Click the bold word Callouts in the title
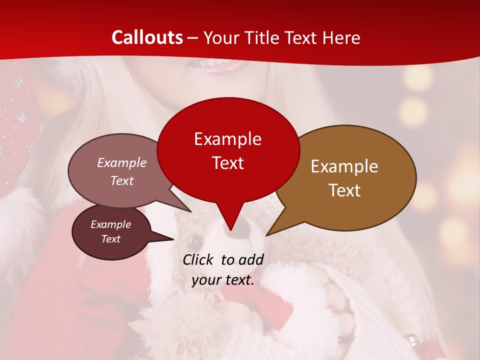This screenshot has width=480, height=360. [147, 37]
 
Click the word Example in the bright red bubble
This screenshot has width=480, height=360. [227, 139]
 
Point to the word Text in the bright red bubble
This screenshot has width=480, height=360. [227, 163]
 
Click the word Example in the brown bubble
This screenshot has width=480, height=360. [344, 166]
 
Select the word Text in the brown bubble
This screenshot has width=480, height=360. [344, 190]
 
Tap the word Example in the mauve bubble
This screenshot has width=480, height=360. [122, 162]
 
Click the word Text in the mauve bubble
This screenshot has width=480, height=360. [122, 180]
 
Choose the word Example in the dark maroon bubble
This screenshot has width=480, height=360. [110, 224]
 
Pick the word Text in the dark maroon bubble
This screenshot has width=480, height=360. [110, 239]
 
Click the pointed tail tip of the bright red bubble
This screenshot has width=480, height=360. [230, 230]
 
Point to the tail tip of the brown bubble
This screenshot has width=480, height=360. [266, 235]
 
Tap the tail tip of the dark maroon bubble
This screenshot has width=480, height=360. [173, 239]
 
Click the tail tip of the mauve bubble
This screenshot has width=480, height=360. [190, 211]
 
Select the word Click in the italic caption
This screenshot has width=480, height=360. [198, 259]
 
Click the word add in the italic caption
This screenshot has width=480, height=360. [251, 259]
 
